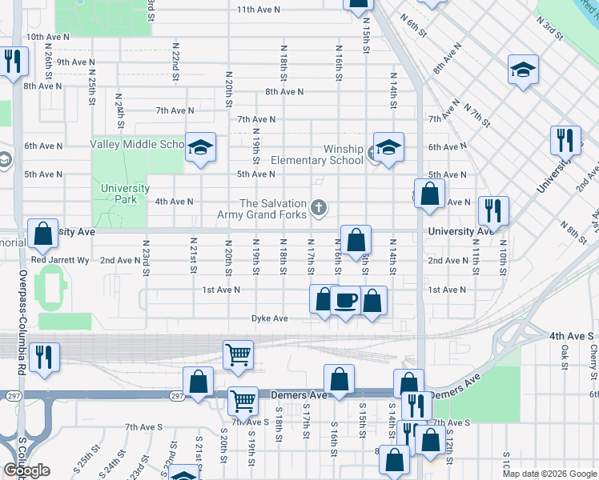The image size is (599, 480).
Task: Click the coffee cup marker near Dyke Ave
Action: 345,301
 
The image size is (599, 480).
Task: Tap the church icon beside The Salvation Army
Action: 319,209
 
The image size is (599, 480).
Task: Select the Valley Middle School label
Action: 137,145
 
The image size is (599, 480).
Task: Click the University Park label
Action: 125,194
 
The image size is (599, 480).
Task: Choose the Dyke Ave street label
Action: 269,318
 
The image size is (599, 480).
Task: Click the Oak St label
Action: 565,353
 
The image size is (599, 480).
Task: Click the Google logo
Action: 26,470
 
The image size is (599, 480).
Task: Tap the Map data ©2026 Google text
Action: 549,474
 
